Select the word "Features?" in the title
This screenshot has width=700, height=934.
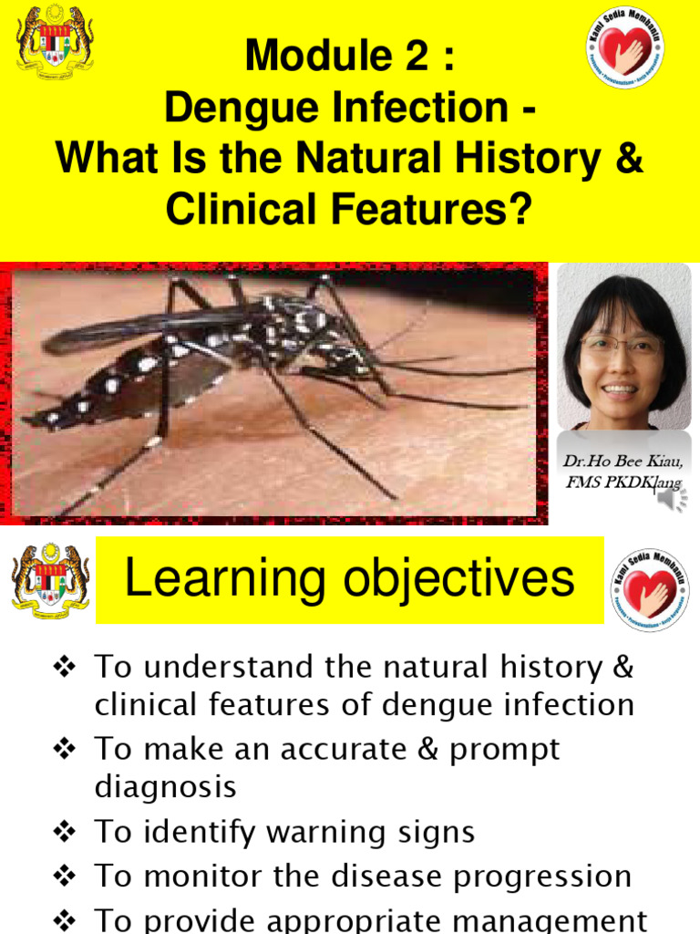[443, 209]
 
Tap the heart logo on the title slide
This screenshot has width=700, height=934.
[624, 47]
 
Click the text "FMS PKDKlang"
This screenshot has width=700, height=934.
[623, 483]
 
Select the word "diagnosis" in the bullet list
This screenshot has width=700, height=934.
[165, 786]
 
